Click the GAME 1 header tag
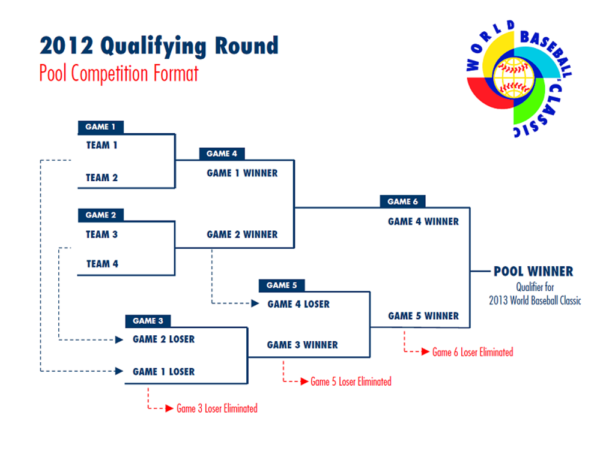(100, 127)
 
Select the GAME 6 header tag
(402, 202)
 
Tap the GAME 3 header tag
(148, 321)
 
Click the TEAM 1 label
(101, 145)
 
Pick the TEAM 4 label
(102, 264)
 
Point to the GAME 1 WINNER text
(242, 173)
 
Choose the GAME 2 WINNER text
(242, 234)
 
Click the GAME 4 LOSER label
(298, 304)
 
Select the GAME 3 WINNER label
(302, 345)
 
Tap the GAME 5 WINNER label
(423, 316)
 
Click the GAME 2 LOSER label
(163, 339)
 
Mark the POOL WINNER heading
(533, 272)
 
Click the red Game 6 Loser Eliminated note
(473, 353)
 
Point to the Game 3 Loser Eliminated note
(217, 409)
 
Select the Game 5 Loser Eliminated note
(351, 382)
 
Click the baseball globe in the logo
(513, 77)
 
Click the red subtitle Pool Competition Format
(119, 74)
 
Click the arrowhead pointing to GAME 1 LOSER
(120, 372)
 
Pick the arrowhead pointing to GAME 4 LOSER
(255, 304)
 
